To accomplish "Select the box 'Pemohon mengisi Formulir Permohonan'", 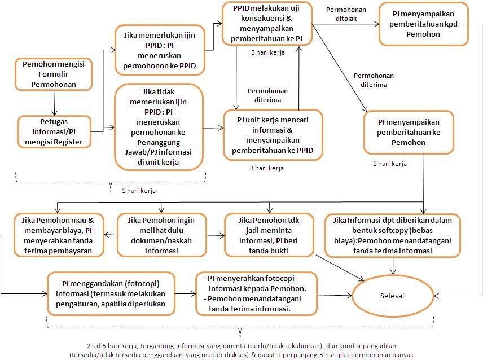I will (x=53, y=74).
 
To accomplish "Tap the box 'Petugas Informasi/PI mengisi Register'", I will (x=54, y=131).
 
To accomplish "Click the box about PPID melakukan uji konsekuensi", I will (x=266, y=24).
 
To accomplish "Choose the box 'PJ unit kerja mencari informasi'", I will (x=273, y=135).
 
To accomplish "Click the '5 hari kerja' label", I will (x=268, y=52).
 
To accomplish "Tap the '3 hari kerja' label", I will (x=267, y=168).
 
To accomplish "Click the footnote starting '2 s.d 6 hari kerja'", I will (x=242, y=350).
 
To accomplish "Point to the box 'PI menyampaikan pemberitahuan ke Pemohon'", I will (x=409, y=132).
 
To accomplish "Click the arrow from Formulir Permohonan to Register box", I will (x=54, y=103).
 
